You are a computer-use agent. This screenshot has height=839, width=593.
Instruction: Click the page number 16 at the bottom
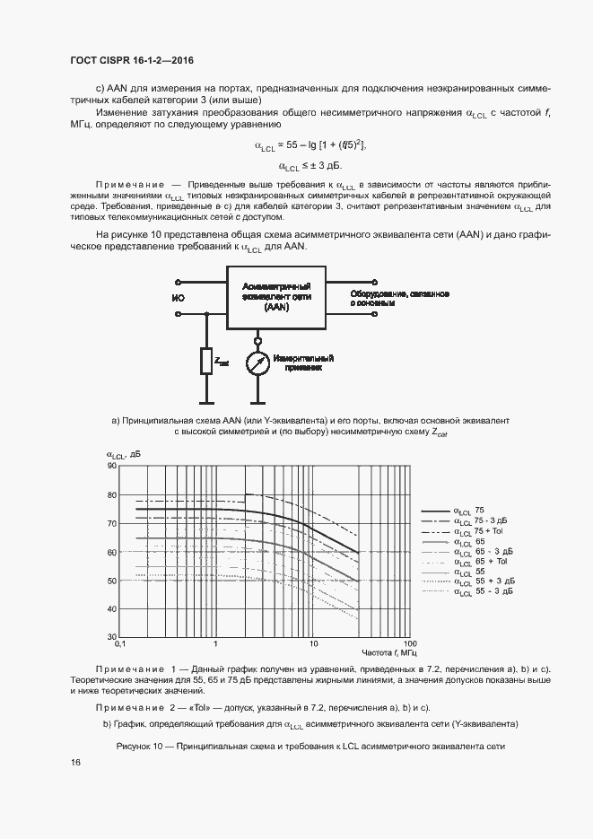75,762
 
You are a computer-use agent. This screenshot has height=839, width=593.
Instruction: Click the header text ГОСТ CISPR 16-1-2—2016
132,60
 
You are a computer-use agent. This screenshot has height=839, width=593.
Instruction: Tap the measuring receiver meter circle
257,363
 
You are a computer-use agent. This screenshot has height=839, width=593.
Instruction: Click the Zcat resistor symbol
207,362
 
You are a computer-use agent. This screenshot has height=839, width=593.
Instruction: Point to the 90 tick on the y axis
112,466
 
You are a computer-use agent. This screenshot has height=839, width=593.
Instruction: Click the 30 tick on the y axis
112,637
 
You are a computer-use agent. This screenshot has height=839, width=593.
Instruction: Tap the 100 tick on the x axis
410,645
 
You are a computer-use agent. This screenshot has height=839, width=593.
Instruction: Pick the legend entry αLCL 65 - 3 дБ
481,552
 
